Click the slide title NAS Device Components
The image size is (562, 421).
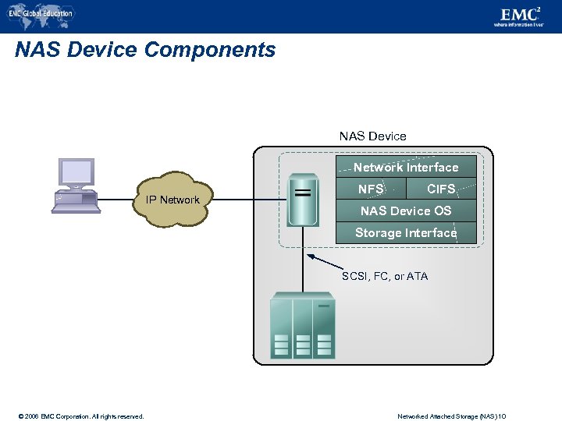145,50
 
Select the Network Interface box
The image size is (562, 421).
406,167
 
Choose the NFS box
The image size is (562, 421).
371,189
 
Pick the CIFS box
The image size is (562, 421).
441,189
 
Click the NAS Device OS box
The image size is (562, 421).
406,210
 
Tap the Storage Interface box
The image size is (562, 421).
406,232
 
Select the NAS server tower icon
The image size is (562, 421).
302,200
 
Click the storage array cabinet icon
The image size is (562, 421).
302,326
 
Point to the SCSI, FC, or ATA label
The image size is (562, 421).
385,276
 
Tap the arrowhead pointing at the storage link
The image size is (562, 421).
310,256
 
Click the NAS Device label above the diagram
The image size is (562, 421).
372,136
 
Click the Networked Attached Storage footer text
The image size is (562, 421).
452,416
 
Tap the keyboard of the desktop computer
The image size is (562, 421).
76,208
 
